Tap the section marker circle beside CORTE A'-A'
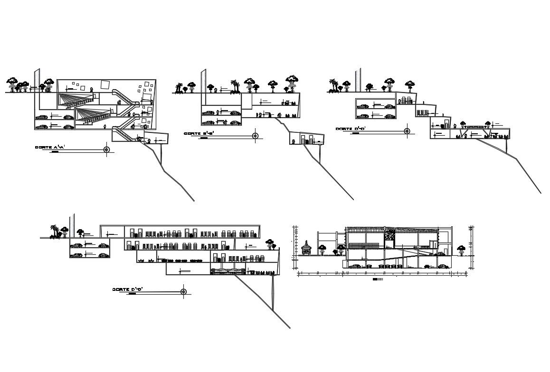click(x=106, y=150)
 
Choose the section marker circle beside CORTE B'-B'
click(x=255, y=136)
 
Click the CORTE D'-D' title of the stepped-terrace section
click(x=350, y=129)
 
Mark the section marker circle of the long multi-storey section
click(x=184, y=291)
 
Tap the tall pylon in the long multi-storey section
click(x=71, y=225)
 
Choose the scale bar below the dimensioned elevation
click(x=378, y=279)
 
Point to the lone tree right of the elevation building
click(x=461, y=249)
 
